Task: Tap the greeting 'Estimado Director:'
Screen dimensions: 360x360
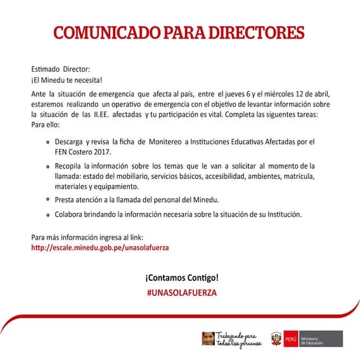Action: pos(61,68)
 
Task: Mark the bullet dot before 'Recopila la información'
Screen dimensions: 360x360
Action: pos(48,166)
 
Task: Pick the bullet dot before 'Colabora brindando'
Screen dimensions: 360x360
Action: pos(48,214)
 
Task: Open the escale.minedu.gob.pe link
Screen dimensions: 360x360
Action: pos(100,248)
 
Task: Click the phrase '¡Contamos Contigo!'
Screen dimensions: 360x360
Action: pos(181,278)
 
